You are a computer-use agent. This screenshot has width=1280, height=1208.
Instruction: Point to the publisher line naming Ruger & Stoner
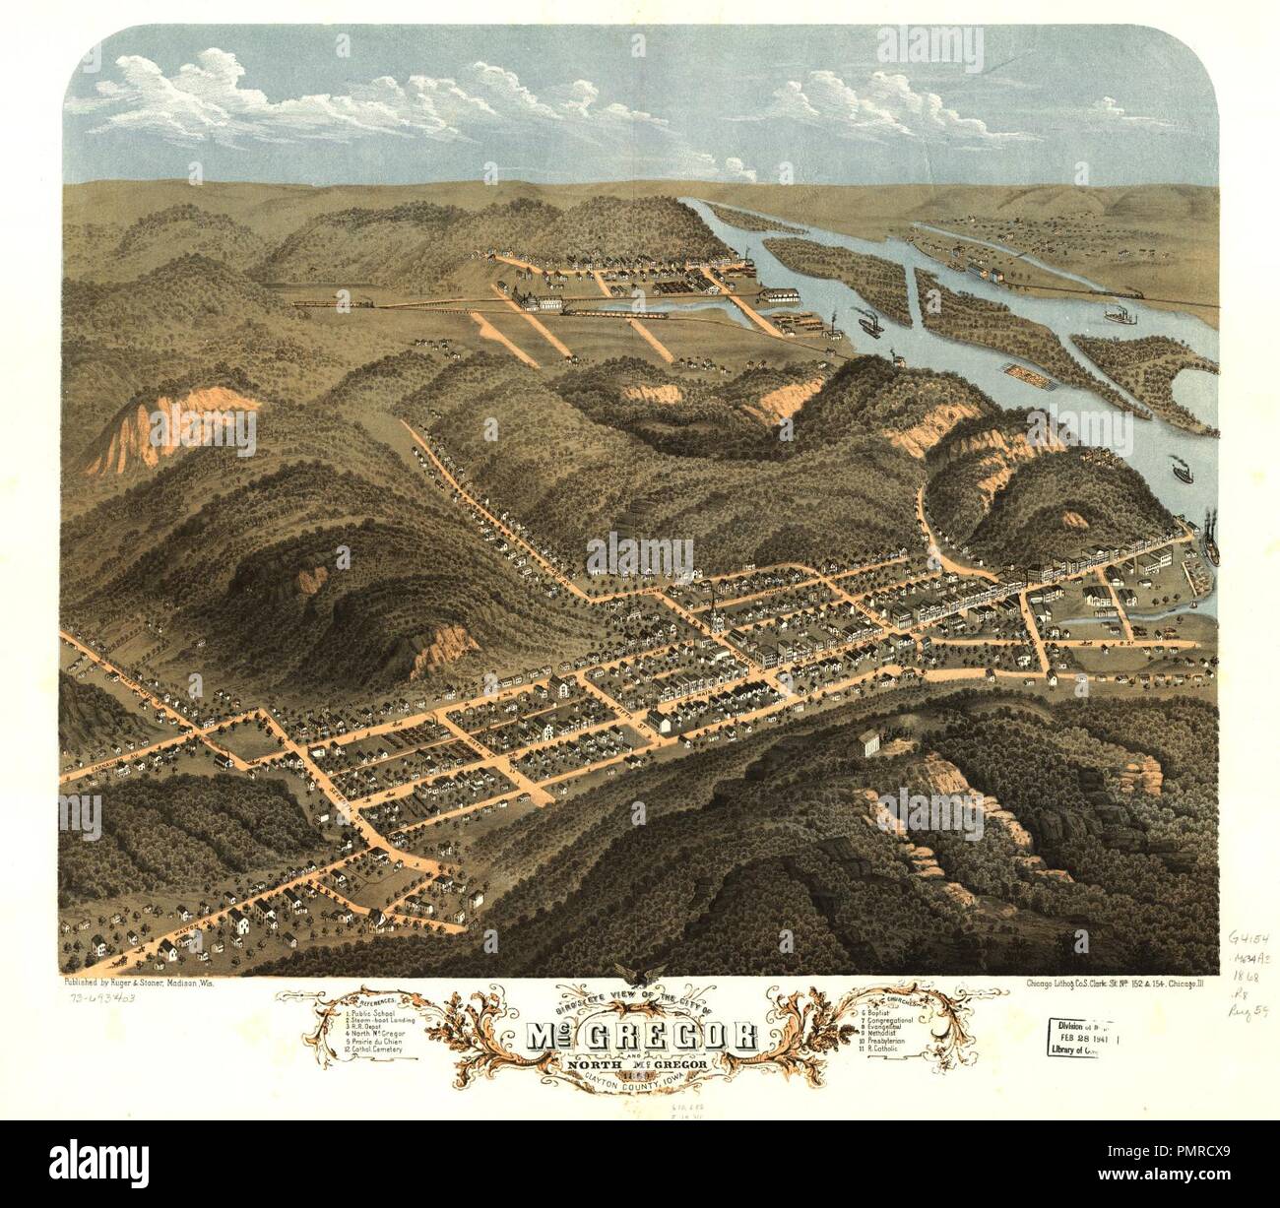pos(149,984)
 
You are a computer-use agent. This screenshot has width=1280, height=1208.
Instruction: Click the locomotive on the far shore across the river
pos(1132,292)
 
